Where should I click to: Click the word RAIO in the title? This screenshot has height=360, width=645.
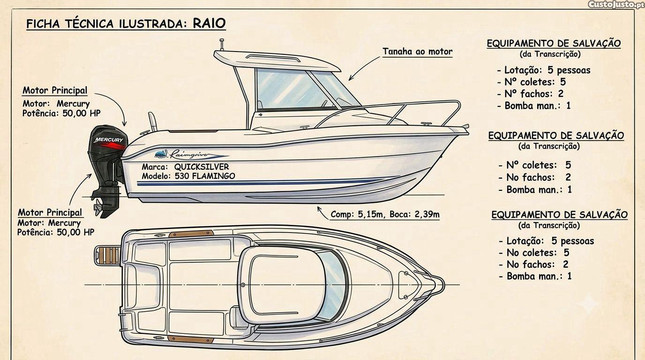209,23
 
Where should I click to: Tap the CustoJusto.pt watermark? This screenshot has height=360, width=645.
615,5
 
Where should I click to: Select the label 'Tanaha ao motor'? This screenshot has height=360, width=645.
418,52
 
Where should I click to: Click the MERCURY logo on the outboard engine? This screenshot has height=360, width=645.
109,140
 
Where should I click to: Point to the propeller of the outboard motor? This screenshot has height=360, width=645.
98,207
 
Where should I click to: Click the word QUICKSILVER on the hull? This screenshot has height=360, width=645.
202,167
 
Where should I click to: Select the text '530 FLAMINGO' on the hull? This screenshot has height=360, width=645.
205,176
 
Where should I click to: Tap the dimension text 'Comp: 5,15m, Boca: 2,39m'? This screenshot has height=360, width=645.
385,214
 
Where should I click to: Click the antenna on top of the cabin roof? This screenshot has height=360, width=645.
222,45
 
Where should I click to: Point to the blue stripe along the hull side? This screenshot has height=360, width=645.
259,183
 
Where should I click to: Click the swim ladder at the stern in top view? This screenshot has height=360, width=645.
107,255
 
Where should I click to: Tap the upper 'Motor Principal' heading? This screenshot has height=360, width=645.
55,90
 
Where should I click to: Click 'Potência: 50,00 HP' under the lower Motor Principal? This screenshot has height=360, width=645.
56,232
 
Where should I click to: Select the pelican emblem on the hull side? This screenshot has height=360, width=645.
161,154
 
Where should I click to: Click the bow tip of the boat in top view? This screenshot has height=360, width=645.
443,285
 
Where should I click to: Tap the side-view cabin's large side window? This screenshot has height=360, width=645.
291,89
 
